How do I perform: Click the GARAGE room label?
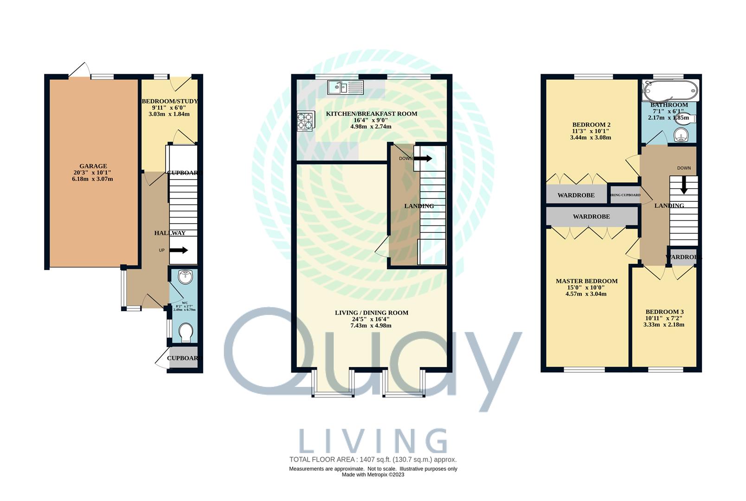click(x=93, y=166)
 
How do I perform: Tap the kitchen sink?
click(x=346, y=87)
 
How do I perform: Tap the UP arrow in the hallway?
click(x=178, y=250)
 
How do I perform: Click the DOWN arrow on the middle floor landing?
click(x=422, y=159)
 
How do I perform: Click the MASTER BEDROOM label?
click(x=586, y=281)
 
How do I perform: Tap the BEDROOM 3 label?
click(x=664, y=312)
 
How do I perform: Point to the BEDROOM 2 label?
click(x=591, y=125)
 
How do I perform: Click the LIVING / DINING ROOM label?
click(x=371, y=313)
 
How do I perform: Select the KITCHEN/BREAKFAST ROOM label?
click(x=371, y=114)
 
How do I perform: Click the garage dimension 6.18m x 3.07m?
click(x=93, y=179)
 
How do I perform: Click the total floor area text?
click(x=373, y=460)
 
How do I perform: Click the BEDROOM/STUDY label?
click(x=169, y=101)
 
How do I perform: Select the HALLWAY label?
click(x=170, y=233)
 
